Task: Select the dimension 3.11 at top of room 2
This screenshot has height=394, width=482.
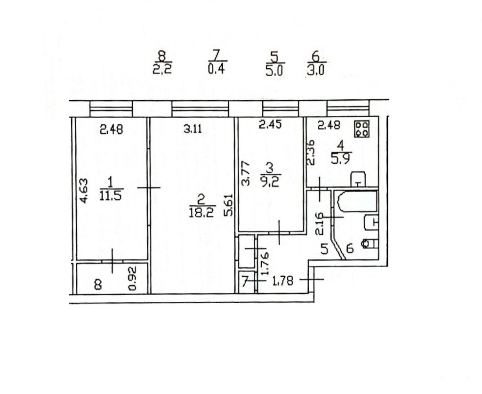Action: [193, 129]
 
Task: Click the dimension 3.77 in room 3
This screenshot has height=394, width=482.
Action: [245, 174]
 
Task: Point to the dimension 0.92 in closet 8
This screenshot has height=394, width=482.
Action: [132, 279]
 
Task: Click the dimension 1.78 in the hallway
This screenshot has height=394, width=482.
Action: [282, 281]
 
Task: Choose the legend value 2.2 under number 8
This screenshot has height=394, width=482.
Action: [162, 70]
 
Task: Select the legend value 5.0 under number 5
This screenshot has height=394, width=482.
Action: [274, 71]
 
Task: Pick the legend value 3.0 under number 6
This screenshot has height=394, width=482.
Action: [316, 71]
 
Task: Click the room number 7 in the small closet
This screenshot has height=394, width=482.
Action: [245, 281]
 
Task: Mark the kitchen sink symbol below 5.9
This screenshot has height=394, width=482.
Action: [358, 179]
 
